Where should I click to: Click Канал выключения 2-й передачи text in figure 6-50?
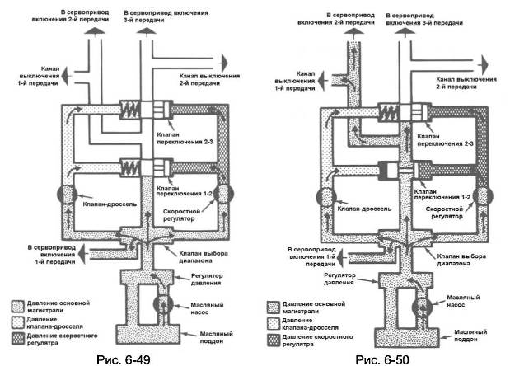pos(461,80)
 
